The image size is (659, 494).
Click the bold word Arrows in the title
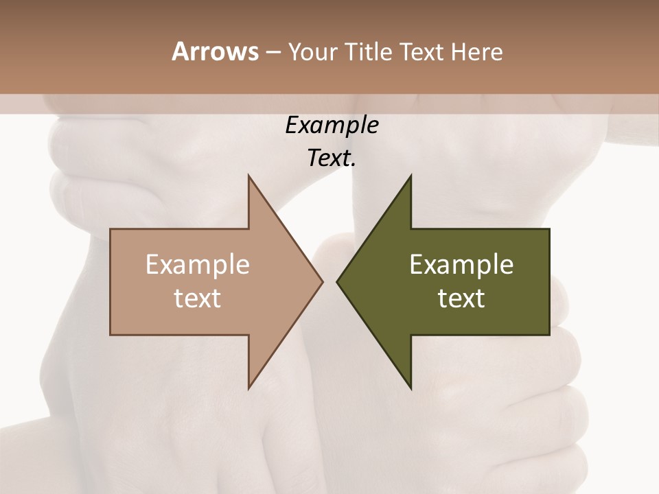(x=215, y=51)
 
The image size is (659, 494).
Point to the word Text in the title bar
(x=422, y=52)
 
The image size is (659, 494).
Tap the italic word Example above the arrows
(x=332, y=126)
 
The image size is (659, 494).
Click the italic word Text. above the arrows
(x=332, y=158)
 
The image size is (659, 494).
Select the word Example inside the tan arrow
(x=198, y=265)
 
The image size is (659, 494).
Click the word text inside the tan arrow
(x=198, y=298)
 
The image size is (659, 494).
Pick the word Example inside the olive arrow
(x=461, y=265)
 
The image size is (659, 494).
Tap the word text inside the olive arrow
(x=461, y=298)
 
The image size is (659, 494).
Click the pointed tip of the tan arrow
(x=322, y=282)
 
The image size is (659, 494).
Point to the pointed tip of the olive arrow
(x=337, y=282)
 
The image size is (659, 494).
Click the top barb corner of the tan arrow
(x=248, y=176)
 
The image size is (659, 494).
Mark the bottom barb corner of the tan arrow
(x=248, y=388)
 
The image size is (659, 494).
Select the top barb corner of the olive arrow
(x=411, y=176)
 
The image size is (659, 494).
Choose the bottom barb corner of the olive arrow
(x=411, y=388)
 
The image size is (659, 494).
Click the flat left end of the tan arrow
(x=111, y=282)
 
